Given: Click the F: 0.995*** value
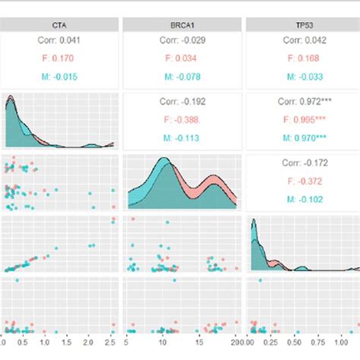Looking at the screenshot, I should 305,120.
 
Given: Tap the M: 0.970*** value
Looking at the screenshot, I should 305,137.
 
